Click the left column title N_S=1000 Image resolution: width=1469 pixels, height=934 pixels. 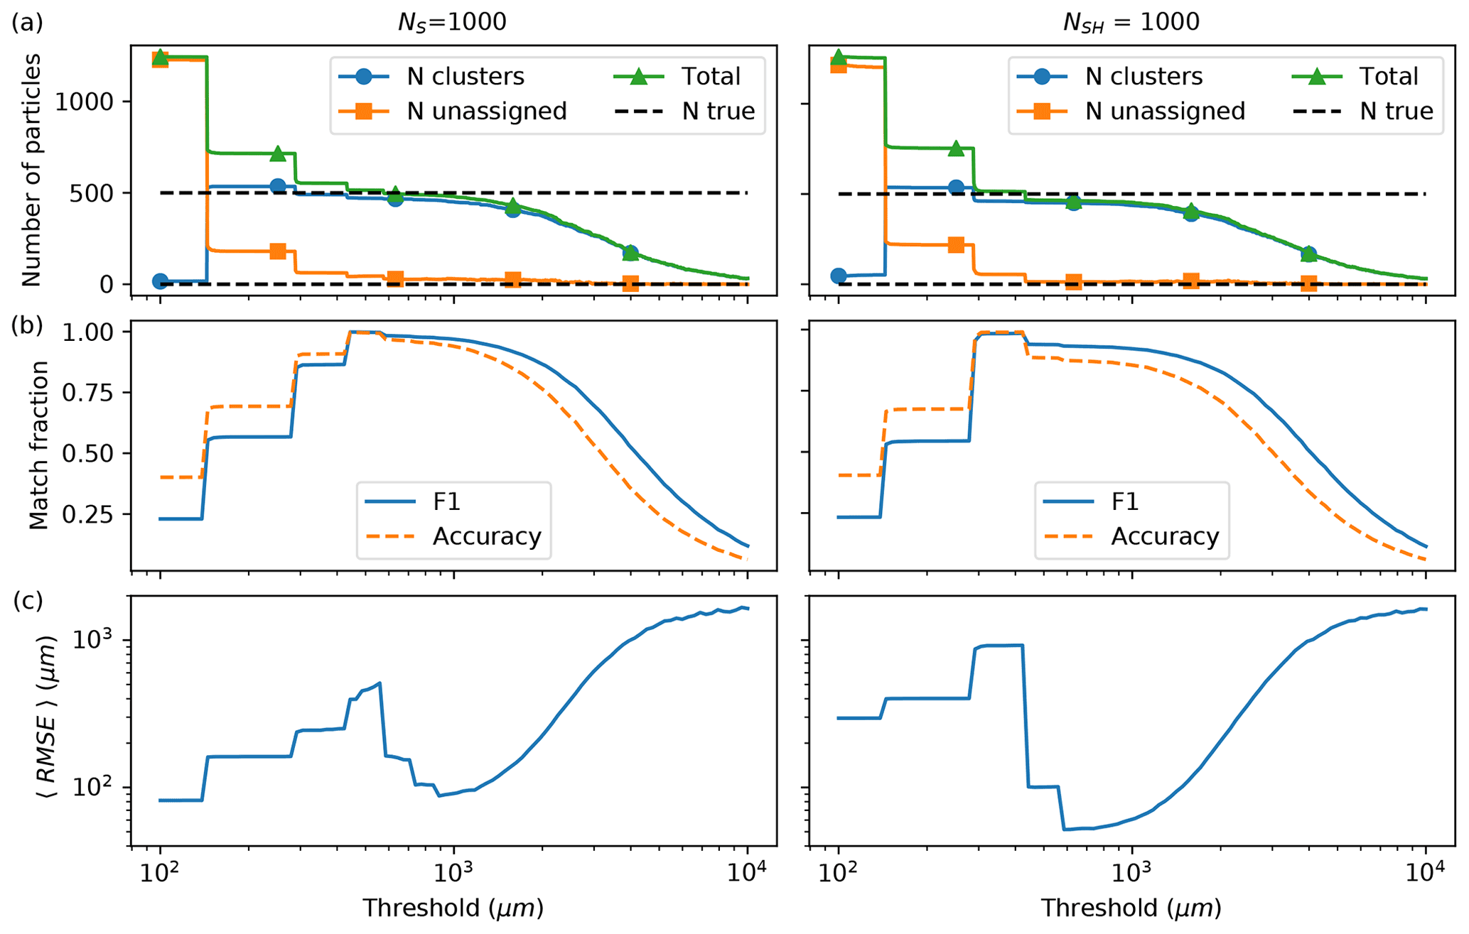[x=452, y=23]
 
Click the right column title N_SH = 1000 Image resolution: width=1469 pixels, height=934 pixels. [x=1131, y=23]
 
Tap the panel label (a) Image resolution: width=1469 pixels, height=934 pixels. [x=28, y=23]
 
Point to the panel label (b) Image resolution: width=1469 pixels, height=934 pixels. [x=28, y=325]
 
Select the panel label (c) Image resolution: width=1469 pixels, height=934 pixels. [x=28, y=601]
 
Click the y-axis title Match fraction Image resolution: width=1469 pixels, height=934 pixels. [x=38, y=445]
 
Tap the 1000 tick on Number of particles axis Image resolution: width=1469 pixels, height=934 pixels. [x=84, y=102]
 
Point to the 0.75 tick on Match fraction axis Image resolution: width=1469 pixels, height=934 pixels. [x=87, y=393]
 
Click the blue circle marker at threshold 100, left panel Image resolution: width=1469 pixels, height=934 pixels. [x=161, y=281]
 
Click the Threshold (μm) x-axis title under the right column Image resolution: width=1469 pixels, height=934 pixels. [x=1131, y=908]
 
